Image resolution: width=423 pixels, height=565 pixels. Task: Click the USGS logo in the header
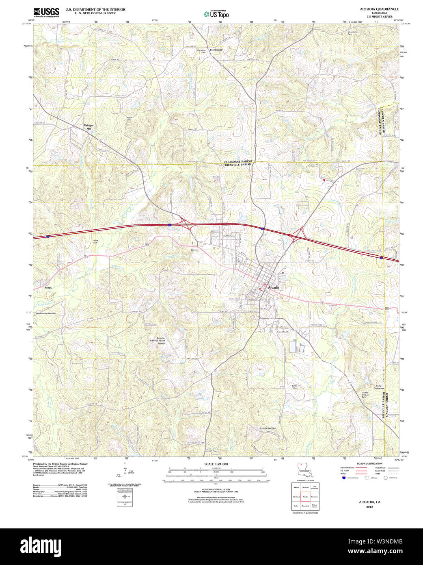click(46, 13)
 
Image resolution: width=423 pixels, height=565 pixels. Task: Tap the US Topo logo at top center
click(216, 14)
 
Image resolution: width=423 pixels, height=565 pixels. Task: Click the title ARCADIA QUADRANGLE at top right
click(379, 9)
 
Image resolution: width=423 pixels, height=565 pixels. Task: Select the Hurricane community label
click(216, 50)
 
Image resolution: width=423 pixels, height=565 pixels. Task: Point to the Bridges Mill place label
click(89, 127)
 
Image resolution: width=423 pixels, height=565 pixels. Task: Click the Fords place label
click(48, 287)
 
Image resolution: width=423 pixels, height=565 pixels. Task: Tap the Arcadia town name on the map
click(274, 287)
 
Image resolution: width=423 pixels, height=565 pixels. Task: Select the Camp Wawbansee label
click(379, 387)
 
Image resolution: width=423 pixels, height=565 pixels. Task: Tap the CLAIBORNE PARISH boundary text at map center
click(238, 161)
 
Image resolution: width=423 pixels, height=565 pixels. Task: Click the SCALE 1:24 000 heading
click(216, 464)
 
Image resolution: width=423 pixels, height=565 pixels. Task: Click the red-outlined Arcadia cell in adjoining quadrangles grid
click(305, 497)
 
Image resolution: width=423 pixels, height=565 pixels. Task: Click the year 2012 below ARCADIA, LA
click(369, 507)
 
